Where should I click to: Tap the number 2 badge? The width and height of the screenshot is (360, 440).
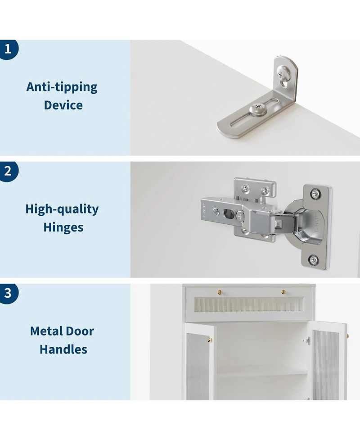click(8, 171)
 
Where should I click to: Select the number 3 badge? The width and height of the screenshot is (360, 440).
click(8, 293)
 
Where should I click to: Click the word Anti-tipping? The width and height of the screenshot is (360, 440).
click(62, 87)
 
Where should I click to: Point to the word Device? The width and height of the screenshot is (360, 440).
click(63, 105)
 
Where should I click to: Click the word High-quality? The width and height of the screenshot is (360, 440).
click(62, 209)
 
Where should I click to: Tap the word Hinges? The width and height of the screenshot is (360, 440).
click(63, 227)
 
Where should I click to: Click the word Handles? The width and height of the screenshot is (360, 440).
click(63, 349)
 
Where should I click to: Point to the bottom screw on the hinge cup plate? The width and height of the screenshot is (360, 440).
click(314, 259)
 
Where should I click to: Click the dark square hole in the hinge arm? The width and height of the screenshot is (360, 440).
click(228, 213)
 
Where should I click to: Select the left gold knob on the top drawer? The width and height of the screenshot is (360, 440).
click(219, 293)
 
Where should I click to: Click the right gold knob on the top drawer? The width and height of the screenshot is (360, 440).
click(283, 293)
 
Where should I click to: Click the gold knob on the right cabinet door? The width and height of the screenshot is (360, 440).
click(347, 336)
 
